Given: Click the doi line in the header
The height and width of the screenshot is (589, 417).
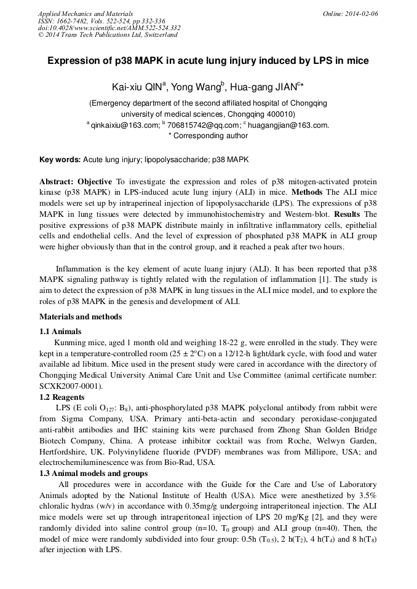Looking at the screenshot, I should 109,28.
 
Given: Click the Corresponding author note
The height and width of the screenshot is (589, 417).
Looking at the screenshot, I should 208,136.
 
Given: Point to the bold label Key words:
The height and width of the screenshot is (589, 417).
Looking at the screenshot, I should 60,160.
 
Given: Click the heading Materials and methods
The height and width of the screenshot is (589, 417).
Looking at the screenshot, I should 81,317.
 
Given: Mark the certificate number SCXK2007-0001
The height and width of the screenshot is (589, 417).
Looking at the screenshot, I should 71,386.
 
